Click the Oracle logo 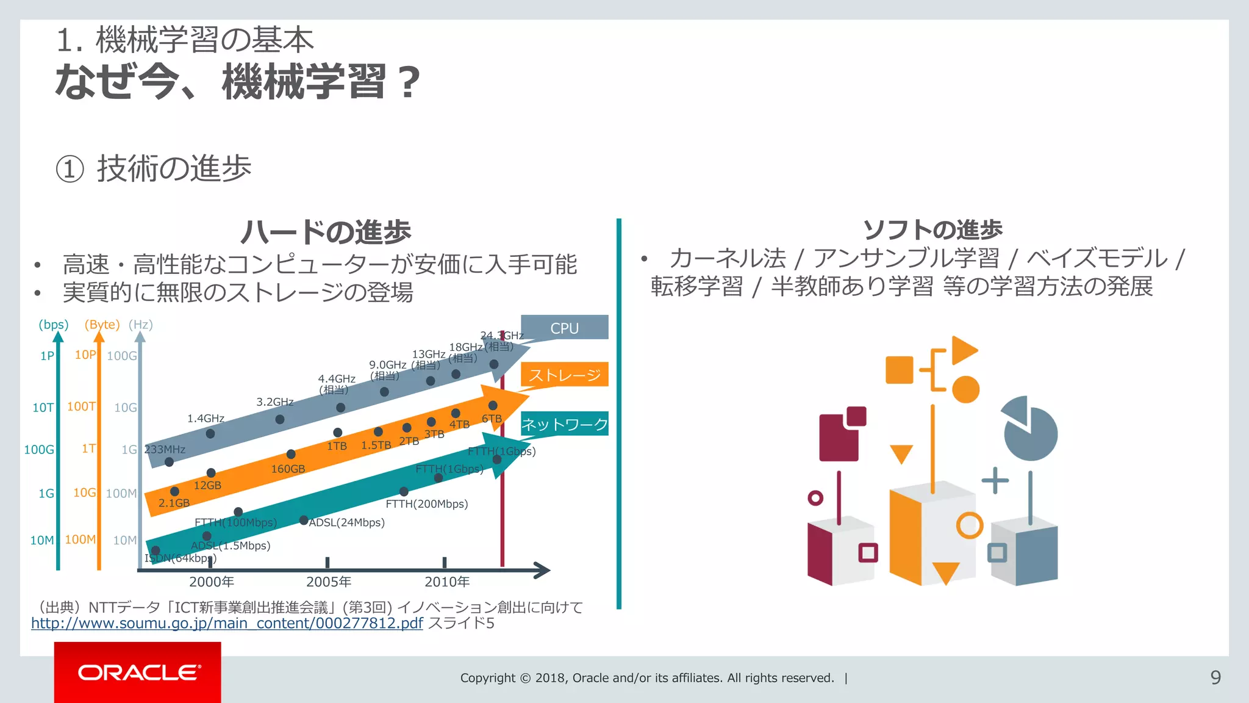point(138,672)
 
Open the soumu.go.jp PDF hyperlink point(227,623)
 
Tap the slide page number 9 point(1215,677)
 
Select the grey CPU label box point(564,328)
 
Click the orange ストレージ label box point(564,375)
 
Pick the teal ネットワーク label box point(564,424)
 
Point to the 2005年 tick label point(329,582)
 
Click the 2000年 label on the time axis point(212,582)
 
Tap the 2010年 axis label point(447,582)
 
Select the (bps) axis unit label point(54,325)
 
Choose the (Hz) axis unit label point(141,325)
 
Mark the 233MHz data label point(165,450)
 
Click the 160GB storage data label point(288,469)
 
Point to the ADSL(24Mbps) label point(346,522)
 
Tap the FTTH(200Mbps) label point(427,504)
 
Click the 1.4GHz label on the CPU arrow point(206,419)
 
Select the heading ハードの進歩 point(326,232)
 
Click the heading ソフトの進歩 point(932,229)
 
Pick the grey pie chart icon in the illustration point(1031,430)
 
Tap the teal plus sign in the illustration point(995,480)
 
